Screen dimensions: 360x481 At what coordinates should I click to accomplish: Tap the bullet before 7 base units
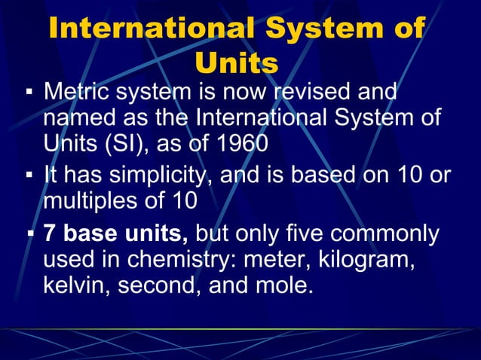point(30,234)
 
